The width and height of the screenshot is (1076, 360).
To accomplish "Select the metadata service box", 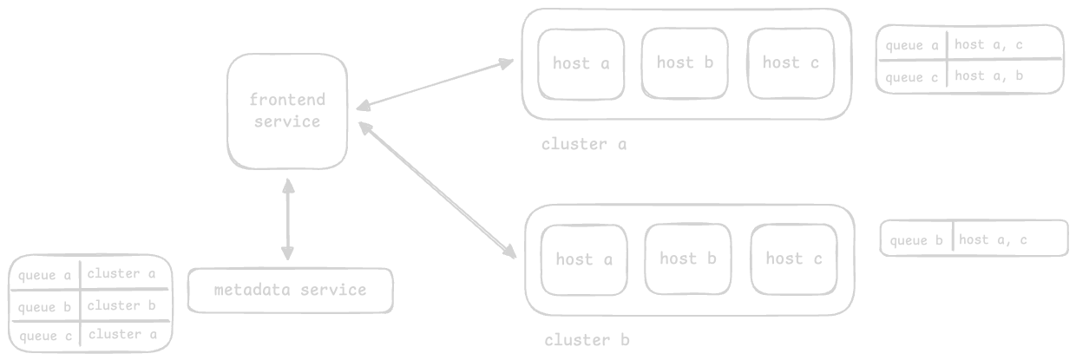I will (290, 290).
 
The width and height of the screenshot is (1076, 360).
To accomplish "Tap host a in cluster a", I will (581, 63).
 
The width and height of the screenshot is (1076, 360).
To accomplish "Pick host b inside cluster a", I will (685, 62).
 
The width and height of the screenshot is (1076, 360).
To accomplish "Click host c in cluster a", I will (791, 62).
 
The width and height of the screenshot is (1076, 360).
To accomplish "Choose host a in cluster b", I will (584, 259).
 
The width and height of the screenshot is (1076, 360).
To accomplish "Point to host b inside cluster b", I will (688, 259).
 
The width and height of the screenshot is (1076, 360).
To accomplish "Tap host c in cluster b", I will (793, 259).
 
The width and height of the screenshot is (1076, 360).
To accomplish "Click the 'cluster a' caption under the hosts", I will (583, 145).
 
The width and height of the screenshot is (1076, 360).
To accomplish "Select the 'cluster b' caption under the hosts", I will (587, 340).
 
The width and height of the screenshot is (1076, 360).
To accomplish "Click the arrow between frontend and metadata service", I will (287, 220).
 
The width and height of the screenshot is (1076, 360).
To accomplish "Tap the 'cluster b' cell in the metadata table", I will (121, 305).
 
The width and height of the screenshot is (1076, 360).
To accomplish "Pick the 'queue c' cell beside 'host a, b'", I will (910, 77).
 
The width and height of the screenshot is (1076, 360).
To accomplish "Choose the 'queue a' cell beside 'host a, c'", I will (910, 45).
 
